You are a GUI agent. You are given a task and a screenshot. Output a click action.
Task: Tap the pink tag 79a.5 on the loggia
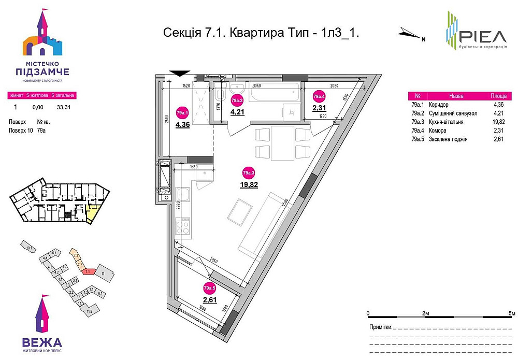coord(209,289)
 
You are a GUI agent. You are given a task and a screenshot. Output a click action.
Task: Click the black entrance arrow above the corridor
coord(179,74)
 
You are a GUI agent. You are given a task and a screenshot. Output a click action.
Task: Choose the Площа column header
coord(498,96)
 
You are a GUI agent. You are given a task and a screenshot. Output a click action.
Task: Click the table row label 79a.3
coord(418,122)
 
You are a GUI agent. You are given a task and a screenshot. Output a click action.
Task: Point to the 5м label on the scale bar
coord(511,314)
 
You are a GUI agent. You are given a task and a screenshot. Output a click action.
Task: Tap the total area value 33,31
coord(63,107)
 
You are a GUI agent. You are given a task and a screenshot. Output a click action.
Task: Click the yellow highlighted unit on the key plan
coord(93,212)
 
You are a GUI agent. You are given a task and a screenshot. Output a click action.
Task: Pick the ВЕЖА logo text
coord(42,342)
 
